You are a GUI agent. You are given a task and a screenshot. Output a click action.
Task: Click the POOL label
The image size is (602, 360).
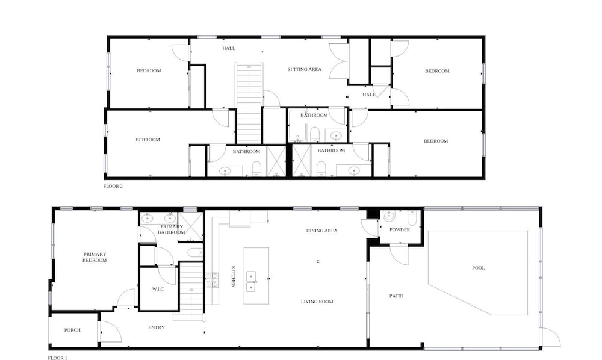pos(479,268)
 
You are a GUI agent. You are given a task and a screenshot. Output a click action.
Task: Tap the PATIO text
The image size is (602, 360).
pos(396,296)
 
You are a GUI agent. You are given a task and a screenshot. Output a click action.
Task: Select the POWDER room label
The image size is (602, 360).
pos(400,229)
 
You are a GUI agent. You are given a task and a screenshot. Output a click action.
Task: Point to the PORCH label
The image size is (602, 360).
pos(72,330)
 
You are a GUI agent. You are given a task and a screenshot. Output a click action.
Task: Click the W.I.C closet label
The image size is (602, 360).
pos(158,289)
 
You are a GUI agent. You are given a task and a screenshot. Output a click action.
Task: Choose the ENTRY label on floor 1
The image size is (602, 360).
pos(157,327)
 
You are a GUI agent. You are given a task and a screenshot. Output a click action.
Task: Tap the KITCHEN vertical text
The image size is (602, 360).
pos(232,277)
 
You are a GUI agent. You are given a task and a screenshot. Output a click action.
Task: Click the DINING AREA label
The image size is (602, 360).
pos(321,231)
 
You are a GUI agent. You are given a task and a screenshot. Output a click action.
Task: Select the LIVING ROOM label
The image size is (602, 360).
pos(317,302)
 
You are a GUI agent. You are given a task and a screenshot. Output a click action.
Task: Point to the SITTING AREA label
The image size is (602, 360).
pos(305,69)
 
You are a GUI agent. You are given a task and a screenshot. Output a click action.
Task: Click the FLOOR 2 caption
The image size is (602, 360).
pos(113,186)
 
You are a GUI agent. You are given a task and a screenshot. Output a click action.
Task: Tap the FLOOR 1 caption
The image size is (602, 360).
pos(58,358)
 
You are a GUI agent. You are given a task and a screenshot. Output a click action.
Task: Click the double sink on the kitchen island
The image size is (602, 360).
pos(251,282)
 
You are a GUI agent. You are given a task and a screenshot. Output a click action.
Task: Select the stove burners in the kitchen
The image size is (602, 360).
pos(213,280)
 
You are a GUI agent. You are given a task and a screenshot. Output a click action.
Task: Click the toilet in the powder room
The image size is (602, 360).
pos(412,218)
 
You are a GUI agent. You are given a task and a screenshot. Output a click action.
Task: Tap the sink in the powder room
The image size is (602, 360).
pos(388,216)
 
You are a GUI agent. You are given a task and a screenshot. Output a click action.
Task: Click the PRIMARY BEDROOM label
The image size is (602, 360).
pos(95,257)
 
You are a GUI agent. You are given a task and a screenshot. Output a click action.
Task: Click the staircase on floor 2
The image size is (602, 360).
pos(249,103)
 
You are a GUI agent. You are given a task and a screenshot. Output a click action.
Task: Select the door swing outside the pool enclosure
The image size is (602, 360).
pos(551,338)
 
